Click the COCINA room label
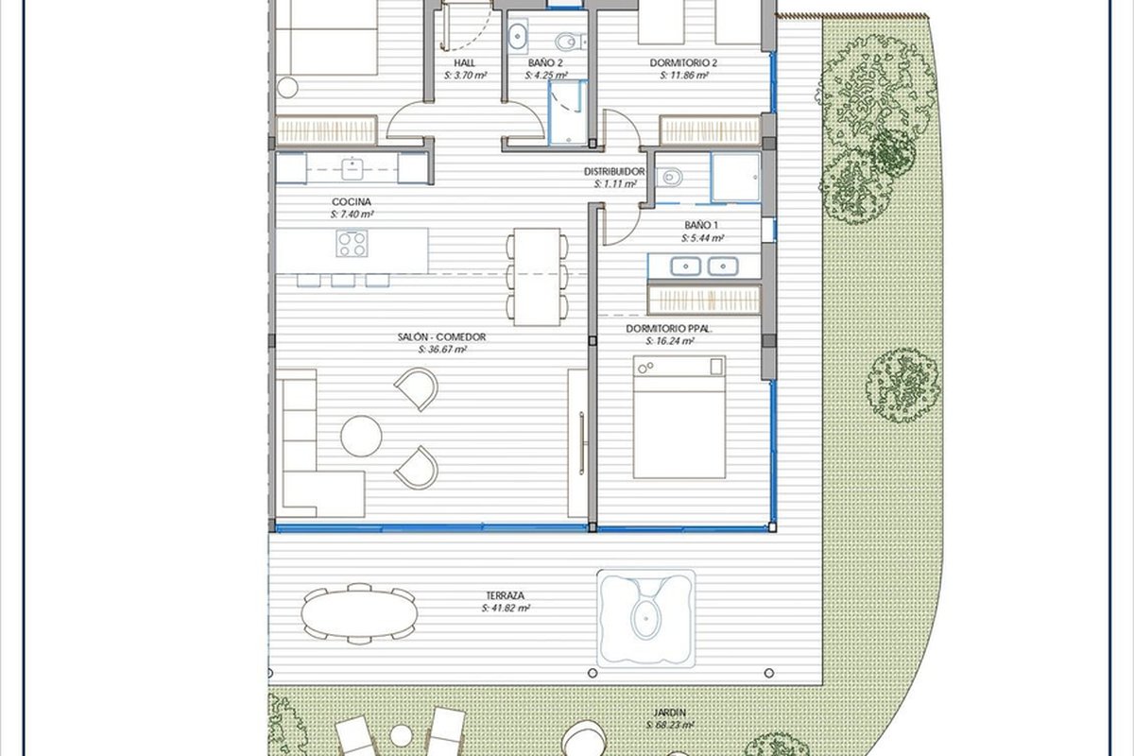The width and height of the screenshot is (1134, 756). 352,201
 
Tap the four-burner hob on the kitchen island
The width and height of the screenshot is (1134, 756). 352,244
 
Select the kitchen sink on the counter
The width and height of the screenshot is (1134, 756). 352,168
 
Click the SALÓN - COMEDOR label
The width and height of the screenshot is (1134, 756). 441,336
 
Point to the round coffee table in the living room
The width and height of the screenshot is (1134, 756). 361,436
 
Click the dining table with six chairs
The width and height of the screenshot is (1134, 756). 537,277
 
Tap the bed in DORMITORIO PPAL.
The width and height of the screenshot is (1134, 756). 679,417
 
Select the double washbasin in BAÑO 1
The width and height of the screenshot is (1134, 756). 704,266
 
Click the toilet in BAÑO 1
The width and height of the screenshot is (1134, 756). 669,178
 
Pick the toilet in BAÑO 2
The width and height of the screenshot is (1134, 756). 570,41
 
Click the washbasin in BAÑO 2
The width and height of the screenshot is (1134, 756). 518,36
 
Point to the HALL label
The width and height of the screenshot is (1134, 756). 464,63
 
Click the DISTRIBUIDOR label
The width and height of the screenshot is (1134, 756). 614,172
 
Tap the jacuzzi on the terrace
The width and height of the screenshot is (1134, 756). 645,618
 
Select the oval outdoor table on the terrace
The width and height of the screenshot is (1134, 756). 359,613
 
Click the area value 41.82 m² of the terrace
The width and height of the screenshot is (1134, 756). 506,609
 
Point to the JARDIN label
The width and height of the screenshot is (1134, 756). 669,713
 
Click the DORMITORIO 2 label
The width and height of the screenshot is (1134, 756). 683,63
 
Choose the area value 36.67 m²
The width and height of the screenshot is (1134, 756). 442,350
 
